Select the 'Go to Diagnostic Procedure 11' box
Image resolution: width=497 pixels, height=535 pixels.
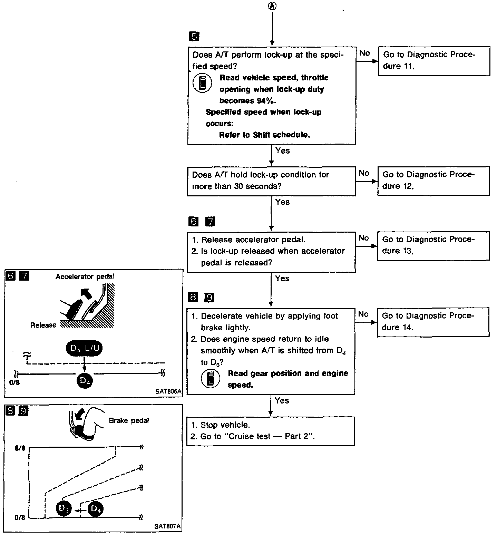pyautogui.click(x=434, y=61)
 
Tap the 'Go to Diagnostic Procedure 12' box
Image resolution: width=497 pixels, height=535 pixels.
pyautogui.click(x=433, y=181)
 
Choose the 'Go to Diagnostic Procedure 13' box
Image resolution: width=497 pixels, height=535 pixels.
pyautogui.click(x=433, y=245)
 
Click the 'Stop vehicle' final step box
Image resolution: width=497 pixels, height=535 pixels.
pyautogui.click(x=271, y=431)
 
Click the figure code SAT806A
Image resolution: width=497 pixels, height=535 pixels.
pyautogui.click(x=168, y=391)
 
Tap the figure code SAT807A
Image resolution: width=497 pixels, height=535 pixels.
pyautogui.click(x=168, y=526)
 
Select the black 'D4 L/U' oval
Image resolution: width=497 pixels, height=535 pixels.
pyautogui.click(x=84, y=348)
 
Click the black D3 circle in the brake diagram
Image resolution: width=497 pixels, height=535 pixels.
pyautogui.click(x=64, y=508)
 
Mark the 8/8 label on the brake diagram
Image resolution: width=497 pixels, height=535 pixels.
pyautogui.click(x=20, y=448)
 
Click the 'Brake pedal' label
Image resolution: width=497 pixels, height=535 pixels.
pyautogui.click(x=129, y=421)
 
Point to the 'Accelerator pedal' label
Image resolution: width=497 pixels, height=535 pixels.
pyautogui.click(x=85, y=276)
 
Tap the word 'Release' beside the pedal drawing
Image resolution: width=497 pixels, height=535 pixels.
pyautogui.click(x=43, y=325)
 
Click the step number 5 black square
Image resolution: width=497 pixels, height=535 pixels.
pyautogui.click(x=194, y=36)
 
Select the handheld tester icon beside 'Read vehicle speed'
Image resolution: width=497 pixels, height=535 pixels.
pyautogui.click(x=202, y=83)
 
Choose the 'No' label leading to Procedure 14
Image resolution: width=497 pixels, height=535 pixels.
pyautogui.click(x=363, y=314)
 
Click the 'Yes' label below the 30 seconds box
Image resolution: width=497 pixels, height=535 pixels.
pyautogui.click(x=282, y=202)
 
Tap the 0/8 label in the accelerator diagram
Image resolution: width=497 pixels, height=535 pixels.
pyautogui.click(x=15, y=383)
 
